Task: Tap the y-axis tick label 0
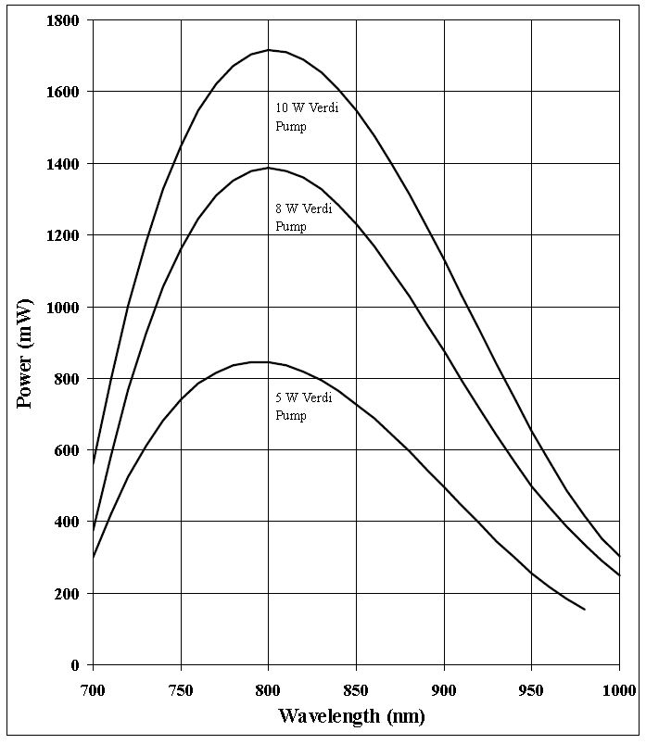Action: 76,665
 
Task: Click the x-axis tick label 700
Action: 93,689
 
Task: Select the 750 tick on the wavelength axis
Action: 181,689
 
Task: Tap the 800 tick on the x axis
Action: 269,689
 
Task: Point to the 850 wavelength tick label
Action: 356,689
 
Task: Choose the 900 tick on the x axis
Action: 444,689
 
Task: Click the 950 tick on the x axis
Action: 532,689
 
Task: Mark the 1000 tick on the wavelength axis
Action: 616,689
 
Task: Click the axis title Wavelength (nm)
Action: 352,715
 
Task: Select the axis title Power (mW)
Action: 26,353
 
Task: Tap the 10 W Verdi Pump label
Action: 303,117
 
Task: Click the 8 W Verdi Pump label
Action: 303,218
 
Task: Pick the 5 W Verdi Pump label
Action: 303,407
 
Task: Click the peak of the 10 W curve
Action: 269,50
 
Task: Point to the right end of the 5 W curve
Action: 585,610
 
